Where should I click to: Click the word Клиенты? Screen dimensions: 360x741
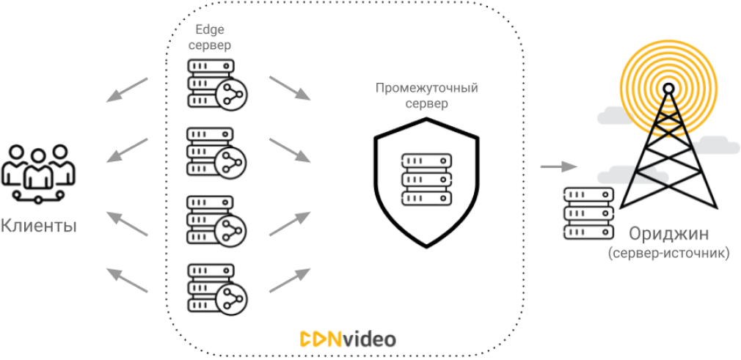(x=39, y=225)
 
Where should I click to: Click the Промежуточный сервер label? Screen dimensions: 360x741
(x=426, y=96)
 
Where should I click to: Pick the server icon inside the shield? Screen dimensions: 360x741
(x=426, y=180)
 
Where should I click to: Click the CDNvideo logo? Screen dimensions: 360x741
(x=348, y=339)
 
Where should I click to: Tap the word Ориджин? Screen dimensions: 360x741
(x=668, y=235)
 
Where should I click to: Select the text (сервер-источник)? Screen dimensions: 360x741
(x=668, y=254)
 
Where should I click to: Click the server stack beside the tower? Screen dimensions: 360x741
(x=588, y=213)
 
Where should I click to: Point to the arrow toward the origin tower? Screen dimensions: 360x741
(x=557, y=166)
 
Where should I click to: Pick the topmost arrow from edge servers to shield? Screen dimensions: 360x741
(x=290, y=87)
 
